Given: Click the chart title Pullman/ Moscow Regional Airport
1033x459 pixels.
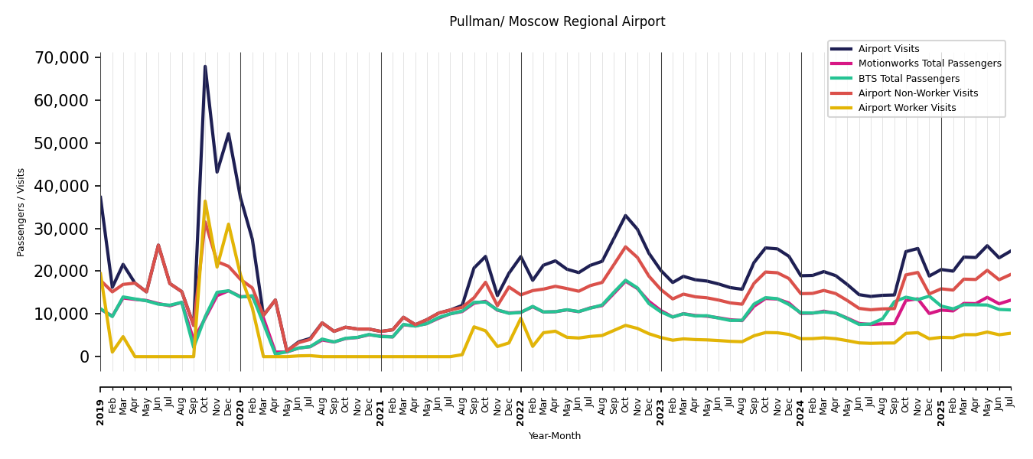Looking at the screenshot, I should [557, 22].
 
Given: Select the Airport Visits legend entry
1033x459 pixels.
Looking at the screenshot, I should [888, 49].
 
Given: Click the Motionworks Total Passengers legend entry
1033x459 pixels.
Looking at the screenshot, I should [929, 63].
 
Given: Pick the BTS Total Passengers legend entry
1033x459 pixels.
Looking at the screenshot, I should [908, 79].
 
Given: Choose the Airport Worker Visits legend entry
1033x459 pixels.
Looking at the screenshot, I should [907, 108].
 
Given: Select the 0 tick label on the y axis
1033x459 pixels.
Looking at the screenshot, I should [85, 357].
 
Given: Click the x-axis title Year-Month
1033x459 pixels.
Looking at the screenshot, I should [555, 436].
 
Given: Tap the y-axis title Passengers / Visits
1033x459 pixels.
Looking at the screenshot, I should [21, 212].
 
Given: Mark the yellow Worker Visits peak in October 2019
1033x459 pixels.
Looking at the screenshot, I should [205, 201].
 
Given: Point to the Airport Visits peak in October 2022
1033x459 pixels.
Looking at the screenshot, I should [625, 216].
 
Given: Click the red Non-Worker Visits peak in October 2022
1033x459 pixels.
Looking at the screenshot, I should [625, 247].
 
